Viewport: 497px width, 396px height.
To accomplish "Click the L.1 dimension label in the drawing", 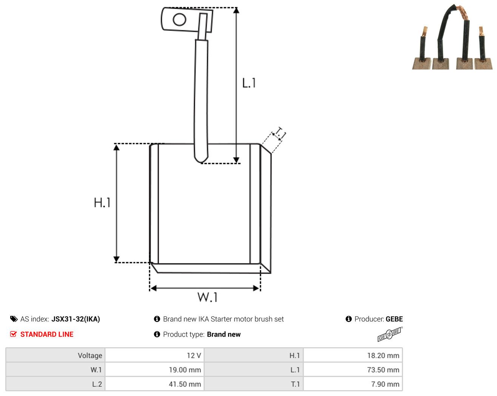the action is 249,83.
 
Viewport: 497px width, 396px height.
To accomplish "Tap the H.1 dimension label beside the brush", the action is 102,203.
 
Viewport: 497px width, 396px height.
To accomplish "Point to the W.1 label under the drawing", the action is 207,297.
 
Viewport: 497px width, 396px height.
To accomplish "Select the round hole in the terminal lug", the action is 179,19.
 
